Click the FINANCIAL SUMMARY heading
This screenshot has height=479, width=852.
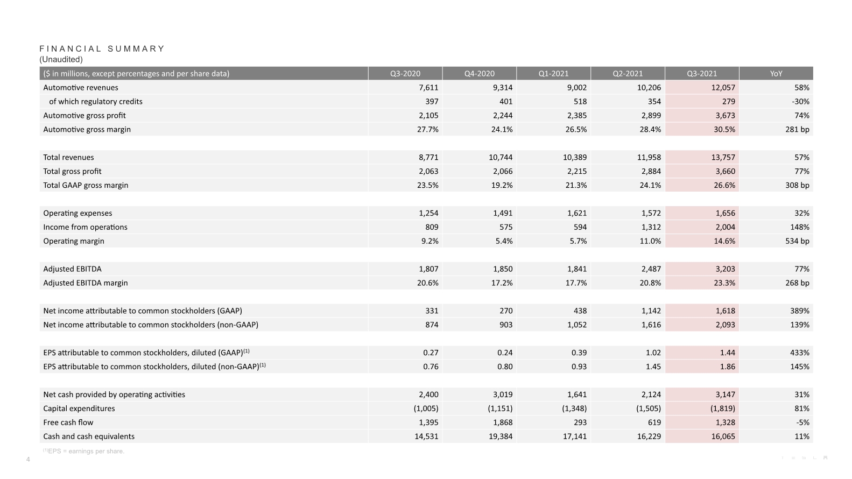[102, 48]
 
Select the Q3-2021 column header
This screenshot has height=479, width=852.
[702, 73]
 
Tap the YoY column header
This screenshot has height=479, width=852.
[776, 73]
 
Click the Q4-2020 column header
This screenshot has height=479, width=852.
[479, 73]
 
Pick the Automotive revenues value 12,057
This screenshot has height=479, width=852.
[723, 88]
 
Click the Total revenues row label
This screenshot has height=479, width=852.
[68, 157]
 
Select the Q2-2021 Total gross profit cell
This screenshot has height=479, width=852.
[651, 171]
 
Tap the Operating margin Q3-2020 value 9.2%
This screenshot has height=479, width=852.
[430, 241]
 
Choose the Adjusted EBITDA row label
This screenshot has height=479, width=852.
[72, 269]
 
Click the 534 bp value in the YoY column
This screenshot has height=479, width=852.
[797, 241]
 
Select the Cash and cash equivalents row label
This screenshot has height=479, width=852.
[89, 436]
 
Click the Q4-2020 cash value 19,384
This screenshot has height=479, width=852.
[501, 436]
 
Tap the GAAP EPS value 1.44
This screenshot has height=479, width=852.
[727, 353]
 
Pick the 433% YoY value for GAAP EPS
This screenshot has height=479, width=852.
[799, 353]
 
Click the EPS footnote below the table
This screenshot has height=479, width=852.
[83, 451]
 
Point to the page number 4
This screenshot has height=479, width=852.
[28, 459]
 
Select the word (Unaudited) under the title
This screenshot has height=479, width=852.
[61, 59]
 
